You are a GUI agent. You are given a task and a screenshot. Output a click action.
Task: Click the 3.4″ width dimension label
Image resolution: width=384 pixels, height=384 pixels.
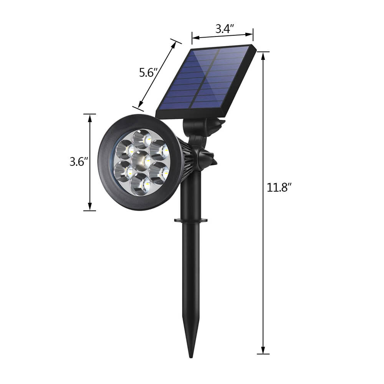click(x=224, y=29)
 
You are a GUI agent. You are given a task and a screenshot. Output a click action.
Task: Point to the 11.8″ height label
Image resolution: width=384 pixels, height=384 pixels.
click(x=279, y=187)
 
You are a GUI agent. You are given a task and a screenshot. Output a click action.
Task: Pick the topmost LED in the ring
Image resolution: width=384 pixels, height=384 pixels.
click(x=142, y=139)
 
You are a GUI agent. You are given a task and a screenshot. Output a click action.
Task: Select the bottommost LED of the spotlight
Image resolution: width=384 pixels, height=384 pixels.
click(x=140, y=184)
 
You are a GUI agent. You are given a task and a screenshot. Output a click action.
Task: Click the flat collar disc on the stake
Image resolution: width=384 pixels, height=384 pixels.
click(x=191, y=220)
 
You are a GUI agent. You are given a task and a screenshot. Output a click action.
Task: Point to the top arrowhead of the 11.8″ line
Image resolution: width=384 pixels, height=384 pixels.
click(x=263, y=56)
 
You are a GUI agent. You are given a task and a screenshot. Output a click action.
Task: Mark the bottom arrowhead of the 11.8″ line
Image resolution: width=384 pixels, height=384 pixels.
click(x=263, y=350)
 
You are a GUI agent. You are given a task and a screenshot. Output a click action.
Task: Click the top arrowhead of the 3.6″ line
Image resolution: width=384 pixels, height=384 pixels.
click(x=90, y=118)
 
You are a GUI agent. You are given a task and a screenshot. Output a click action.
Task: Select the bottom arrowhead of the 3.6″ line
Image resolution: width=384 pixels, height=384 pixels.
click(x=90, y=207)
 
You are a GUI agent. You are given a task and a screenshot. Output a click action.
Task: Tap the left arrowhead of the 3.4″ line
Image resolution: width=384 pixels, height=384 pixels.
click(x=195, y=38)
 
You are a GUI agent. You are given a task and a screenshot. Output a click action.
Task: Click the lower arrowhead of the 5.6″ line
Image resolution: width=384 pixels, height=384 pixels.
click(x=140, y=104)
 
